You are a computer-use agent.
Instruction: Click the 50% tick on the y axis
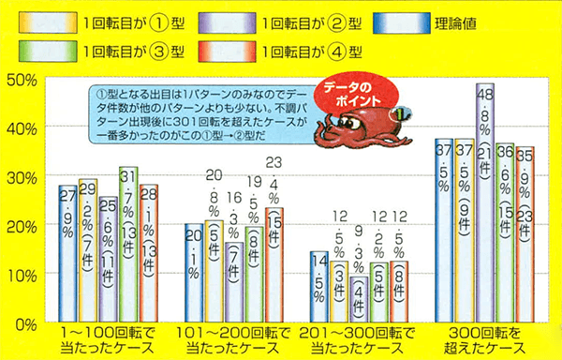pos(21,80)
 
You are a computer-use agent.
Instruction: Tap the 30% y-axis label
pos(21,177)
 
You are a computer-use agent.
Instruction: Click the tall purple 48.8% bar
pos(484,202)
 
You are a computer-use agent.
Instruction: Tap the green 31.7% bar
pos(128,244)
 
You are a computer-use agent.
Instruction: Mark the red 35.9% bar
pos(525,234)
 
